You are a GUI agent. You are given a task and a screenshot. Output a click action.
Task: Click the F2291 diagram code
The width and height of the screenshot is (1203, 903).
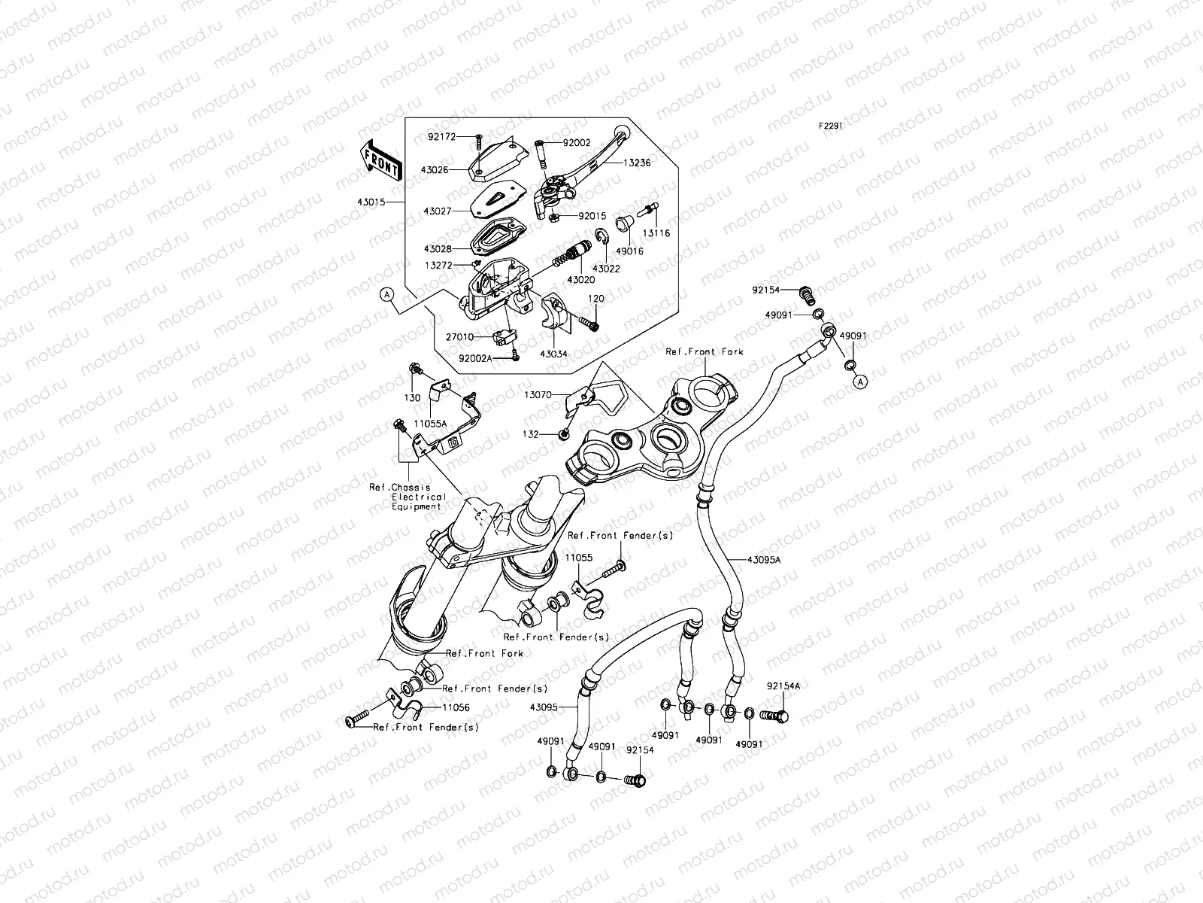pos(831,127)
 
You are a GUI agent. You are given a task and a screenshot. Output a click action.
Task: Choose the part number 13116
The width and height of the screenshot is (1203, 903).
pos(656,233)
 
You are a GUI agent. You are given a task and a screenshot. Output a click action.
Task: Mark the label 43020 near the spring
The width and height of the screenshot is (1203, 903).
pos(580,279)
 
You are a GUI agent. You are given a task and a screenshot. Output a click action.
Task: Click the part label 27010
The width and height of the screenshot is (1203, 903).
pos(459,339)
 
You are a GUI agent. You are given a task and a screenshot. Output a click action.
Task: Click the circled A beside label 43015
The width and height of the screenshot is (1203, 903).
pos(386,296)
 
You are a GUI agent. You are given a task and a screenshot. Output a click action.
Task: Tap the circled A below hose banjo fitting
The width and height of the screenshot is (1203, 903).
pos(862,382)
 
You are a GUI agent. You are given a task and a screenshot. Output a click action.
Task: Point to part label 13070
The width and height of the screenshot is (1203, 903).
pos(538,394)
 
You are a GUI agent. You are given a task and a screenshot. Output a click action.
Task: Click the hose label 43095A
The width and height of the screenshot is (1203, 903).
pos(764,559)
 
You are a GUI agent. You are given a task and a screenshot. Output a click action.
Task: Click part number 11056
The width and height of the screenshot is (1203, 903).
pos(456,707)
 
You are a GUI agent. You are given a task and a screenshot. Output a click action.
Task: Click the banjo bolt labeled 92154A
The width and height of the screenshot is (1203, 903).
pos(777,717)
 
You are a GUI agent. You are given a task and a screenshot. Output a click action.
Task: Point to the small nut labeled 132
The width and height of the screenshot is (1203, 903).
pos(564,434)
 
